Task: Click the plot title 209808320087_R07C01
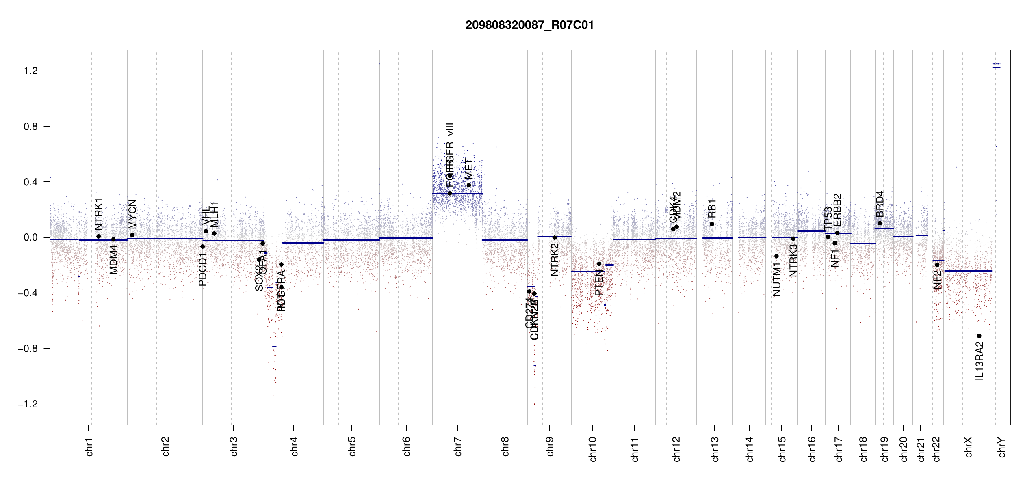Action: click(529, 25)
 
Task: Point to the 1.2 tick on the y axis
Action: click(31, 71)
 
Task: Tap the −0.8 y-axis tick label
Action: click(28, 349)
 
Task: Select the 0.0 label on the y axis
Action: click(31, 237)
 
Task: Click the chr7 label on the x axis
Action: click(458, 446)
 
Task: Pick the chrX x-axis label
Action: click(968, 447)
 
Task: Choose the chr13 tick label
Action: click(715, 449)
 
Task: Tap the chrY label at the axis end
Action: click(1002, 447)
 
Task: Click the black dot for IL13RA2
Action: click(979, 336)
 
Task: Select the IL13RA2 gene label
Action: click(980, 361)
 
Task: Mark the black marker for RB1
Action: click(712, 224)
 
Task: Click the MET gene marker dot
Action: click(468, 185)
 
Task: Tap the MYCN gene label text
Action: click(132, 214)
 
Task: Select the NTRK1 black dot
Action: click(98, 236)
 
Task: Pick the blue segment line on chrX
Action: click(968, 271)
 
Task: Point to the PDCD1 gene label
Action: click(203, 269)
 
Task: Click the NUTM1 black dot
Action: click(776, 256)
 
